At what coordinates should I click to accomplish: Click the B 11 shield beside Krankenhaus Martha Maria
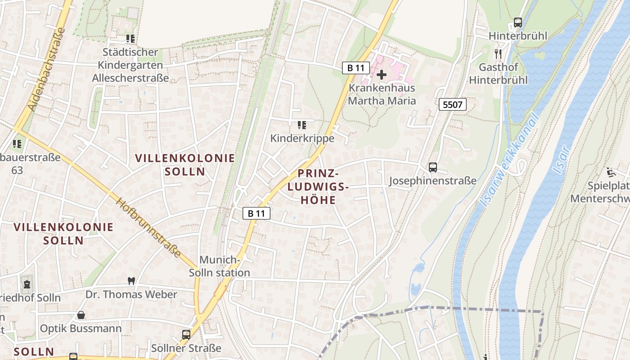pos(355,68)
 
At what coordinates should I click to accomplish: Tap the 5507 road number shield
pos(452,105)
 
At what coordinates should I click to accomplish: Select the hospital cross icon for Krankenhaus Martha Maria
pos(381,75)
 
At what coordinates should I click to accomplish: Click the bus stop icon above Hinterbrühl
pos(518,22)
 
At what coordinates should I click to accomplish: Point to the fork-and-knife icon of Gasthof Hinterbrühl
pos(498,54)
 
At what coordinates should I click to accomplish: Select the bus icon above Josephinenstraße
pos(433,167)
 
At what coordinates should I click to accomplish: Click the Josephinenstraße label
pos(432,181)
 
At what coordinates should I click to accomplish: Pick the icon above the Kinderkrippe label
pos(302,125)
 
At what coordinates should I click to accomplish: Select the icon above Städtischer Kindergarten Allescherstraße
pos(130,39)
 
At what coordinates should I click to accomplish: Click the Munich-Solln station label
pos(220,266)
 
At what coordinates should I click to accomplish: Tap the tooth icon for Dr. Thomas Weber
pos(131,281)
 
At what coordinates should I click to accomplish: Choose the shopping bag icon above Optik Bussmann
pos(81,315)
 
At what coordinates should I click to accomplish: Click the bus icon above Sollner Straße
pos(186,335)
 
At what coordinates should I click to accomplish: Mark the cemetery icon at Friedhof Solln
pos(27,284)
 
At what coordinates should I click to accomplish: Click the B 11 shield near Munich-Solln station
pos(256,213)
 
